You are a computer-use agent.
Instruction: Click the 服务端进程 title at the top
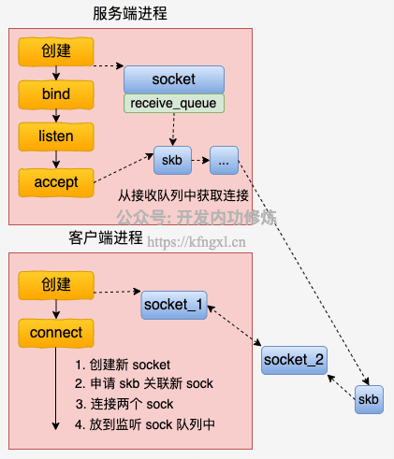[130, 14]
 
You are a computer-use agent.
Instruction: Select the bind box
[56, 94]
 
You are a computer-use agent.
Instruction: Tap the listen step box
[56, 136]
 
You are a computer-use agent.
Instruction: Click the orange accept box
[56, 182]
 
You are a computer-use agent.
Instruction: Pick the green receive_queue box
[174, 104]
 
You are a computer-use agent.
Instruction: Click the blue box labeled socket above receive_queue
[174, 79]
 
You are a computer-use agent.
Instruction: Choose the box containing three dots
[224, 160]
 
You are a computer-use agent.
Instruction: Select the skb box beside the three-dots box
[172, 160]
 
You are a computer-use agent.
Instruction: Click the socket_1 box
[174, 305]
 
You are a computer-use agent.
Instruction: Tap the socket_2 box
[294, 360]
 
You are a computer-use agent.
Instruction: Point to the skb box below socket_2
[369, 400]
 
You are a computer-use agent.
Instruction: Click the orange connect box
[56, 333]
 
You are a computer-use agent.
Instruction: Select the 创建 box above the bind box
[56, 51]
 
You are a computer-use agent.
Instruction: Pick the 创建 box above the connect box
[56, 285]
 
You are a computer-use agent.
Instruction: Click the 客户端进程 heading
[106, 237]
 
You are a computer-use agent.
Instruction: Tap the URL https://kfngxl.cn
[197, 242]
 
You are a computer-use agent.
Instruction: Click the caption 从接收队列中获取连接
[183, 195]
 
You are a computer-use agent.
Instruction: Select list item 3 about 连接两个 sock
[124, 404]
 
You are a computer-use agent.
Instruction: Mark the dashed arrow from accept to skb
[124, 168]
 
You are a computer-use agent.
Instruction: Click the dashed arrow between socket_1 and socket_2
[234, 325]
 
